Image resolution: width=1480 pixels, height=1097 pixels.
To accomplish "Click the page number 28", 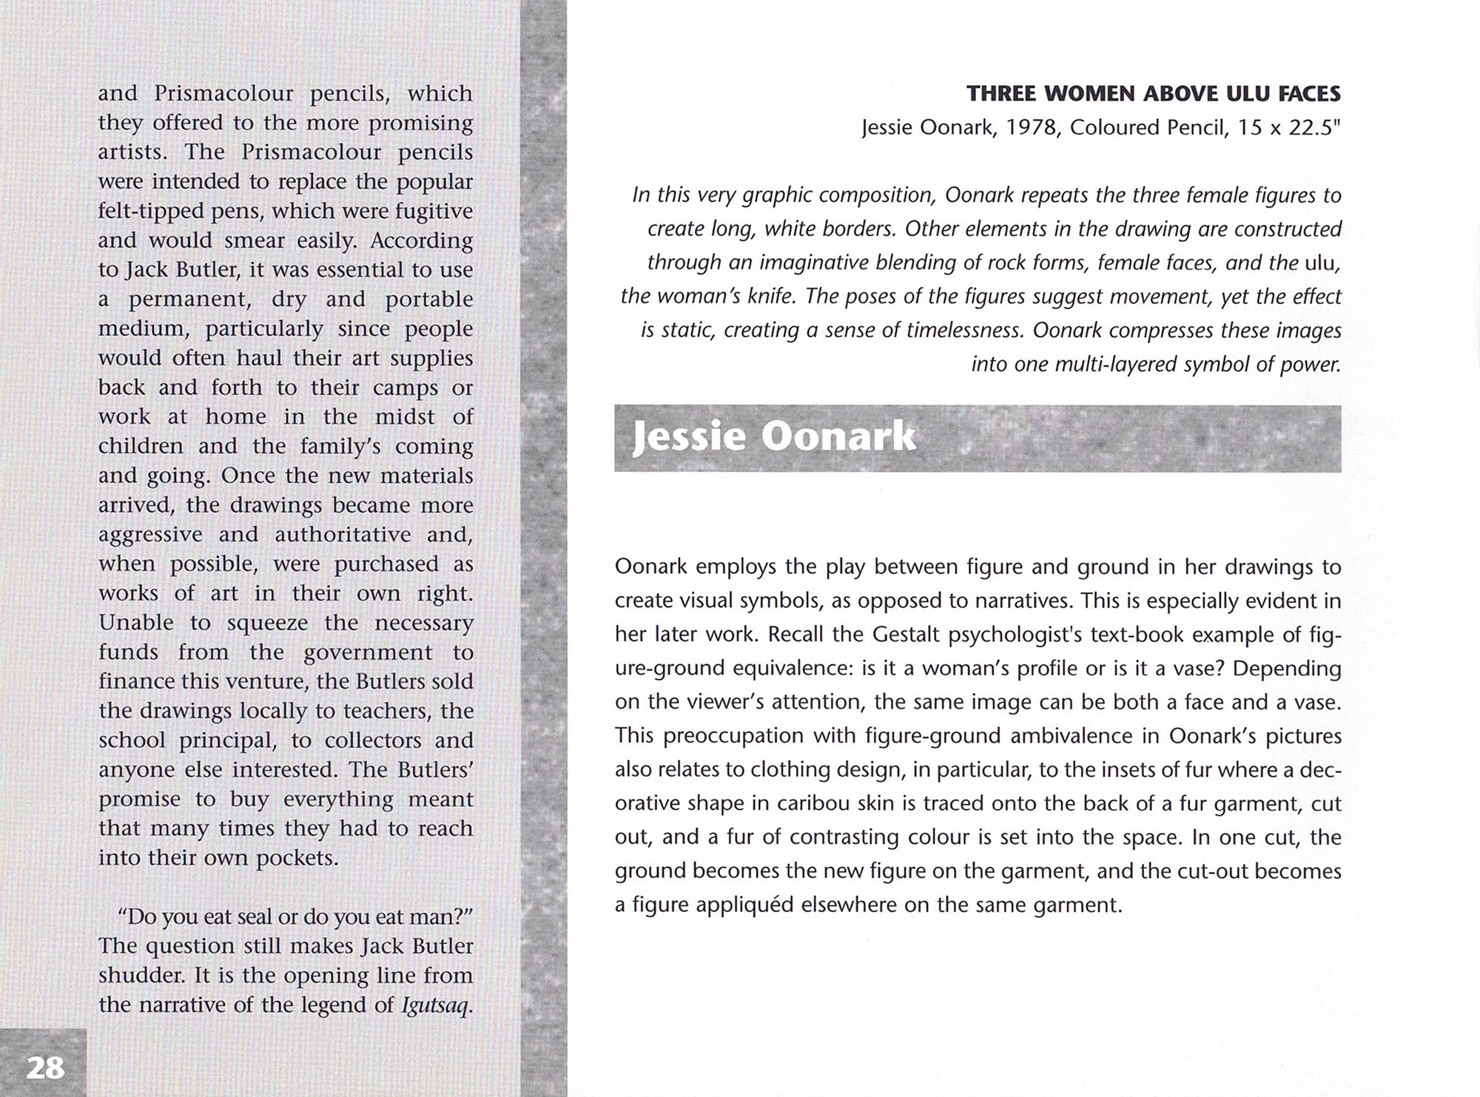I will click(45, 1067).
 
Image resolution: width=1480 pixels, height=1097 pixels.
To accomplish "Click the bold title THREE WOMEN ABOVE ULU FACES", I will click(1153, 94).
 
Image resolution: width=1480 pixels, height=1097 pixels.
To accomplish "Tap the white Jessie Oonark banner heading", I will click(774, 437).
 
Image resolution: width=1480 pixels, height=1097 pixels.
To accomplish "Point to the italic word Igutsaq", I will click(436, 1005).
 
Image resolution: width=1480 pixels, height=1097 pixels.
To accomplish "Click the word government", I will click(368, 652).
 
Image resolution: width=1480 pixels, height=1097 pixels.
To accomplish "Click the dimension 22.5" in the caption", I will click(1315, 128).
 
